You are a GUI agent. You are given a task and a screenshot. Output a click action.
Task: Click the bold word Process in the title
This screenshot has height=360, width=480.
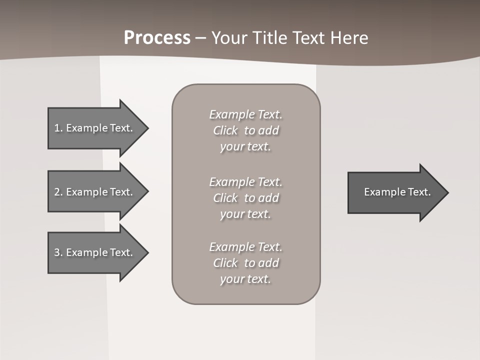(x=157, y=38)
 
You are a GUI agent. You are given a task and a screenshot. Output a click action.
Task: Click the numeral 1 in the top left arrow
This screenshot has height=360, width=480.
(x=57, y=128)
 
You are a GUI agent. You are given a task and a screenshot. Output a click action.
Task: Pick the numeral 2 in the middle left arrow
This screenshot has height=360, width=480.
(x=57, y=192)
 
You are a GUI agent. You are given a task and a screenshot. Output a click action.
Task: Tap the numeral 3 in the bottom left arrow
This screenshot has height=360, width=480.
(x=57, y=252)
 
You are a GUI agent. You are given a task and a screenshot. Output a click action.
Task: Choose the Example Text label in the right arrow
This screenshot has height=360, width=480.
(x=397, y=192)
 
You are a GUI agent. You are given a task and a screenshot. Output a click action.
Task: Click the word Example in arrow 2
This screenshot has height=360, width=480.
(x=86, y=192)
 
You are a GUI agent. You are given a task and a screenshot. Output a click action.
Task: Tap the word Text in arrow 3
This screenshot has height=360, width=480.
(x=121, y=252)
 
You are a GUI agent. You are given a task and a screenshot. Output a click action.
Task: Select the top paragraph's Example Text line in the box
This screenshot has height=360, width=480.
(x=245, y=114)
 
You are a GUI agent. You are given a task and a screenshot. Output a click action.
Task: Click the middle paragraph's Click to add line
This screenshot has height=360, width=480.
(x=245, y=198)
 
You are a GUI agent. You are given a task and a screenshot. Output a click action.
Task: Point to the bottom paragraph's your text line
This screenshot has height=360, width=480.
(x=245, y=279)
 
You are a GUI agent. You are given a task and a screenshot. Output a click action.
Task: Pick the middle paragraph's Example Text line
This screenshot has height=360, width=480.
(x=245, y=181)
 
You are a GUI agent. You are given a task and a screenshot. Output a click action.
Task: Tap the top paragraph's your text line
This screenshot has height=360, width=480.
(x=245, y=147)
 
